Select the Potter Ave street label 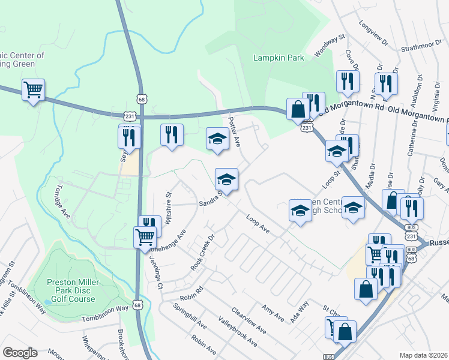tap(234, 132)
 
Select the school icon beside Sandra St tap(226, 179)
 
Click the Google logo tap(20, 352)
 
